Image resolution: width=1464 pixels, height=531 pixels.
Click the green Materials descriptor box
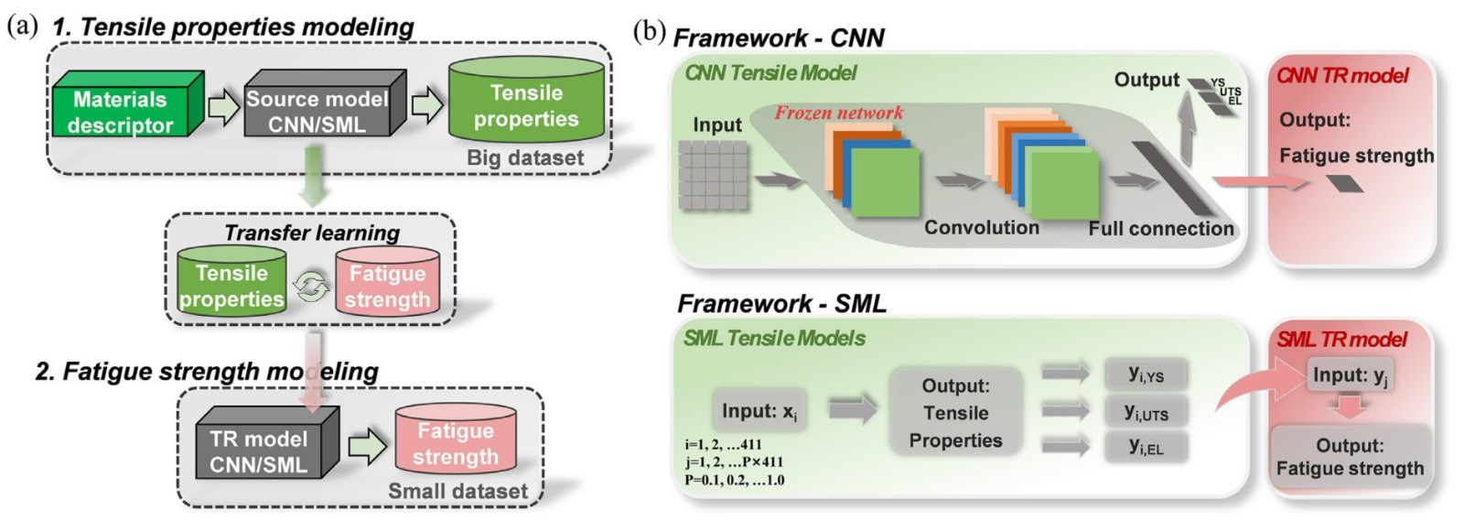click(x=121, y=112)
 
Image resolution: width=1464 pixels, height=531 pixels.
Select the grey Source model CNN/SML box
click(x=318, y=111)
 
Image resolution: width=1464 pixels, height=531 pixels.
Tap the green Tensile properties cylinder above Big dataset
click(x=526, y=105)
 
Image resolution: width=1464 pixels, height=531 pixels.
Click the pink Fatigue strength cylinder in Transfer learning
click(x=387, y=286)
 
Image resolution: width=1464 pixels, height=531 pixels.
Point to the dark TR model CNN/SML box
click(x=259, y=451)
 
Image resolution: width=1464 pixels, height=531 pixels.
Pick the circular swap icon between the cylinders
click(x=311, y=287)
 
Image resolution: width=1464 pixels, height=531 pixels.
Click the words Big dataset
click(x=524, y=157)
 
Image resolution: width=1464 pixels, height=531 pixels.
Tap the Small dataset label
click(x=457, y=492)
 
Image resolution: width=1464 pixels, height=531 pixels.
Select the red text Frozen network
click(x=838, y=114)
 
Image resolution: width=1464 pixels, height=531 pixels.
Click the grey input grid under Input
click(x=713, y=175)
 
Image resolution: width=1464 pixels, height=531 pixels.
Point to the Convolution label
click(x=981, y=227)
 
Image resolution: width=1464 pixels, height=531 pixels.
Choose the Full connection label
click(x=1160, y=229)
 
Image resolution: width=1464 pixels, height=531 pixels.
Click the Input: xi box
click(x=759, y=411)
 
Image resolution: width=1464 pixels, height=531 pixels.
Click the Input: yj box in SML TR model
click(x=1350, y=375)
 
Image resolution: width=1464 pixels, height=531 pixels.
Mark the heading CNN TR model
click(x=1342, y=76)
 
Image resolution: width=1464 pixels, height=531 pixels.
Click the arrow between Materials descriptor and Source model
click(x=223, y=107)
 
